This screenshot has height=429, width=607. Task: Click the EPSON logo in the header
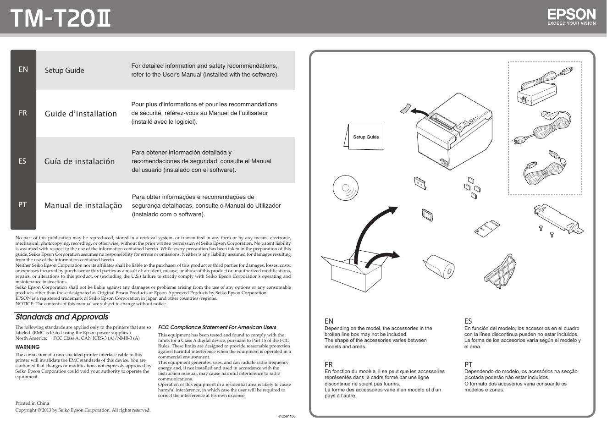[571, 17]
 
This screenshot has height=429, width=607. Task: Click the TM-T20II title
[61, 19]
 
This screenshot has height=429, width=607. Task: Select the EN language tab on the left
[23, 69]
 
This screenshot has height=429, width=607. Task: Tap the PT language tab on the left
[22, 205]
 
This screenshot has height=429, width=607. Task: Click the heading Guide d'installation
[81, 114]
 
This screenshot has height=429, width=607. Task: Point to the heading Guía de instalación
[79, 161]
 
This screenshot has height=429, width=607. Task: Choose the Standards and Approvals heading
[62, 317]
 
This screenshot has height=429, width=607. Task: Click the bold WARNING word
[28, 347]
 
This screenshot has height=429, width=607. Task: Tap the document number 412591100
[287, 416]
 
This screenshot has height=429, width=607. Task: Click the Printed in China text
[32, 403]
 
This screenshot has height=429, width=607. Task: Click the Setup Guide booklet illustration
[365, 137]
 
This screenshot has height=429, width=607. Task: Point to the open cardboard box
[351, 273]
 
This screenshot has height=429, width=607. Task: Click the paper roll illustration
[439, 267]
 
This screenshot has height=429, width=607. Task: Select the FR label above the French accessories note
[328, 364]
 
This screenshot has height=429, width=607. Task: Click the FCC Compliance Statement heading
[217, 327]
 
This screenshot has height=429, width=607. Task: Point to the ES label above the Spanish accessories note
[468, 321]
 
